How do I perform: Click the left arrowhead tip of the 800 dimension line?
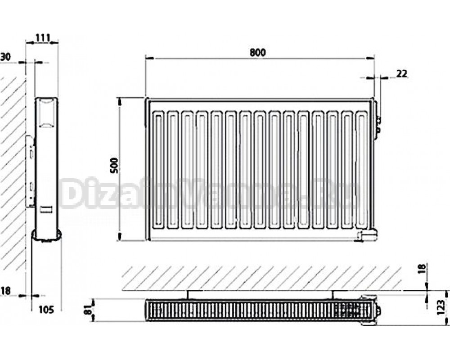click(146, 58)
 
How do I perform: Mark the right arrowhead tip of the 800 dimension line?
click(374, 58)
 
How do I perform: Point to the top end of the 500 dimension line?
click(120, 98)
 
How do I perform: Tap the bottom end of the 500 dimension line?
click(120, 241)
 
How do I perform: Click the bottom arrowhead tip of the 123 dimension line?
click(447, 325)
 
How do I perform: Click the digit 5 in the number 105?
click(50, 310)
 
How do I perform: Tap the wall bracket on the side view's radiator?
click(31, 171)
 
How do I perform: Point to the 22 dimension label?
click(402, 74)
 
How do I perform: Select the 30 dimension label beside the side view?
click(5, 57)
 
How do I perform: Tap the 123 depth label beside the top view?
click(441, 307)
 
